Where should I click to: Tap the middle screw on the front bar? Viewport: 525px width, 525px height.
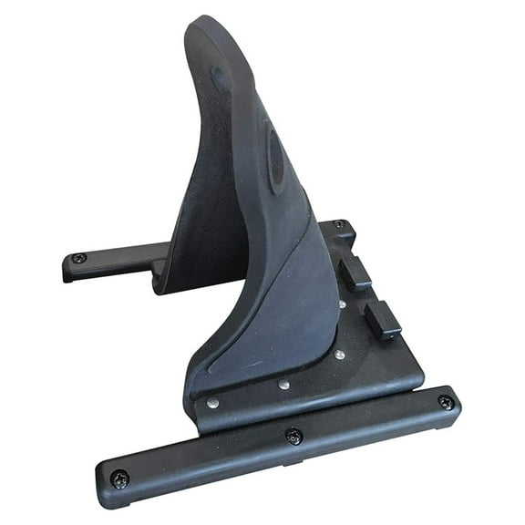(x=293, y=437)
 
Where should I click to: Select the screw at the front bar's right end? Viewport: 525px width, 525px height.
(x=445, y=402)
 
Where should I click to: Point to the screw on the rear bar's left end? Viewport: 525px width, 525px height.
(x=80, y=259)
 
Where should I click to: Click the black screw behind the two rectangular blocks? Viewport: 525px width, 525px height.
(x=338, y=224)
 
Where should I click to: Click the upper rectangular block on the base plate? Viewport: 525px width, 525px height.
(x=356, y=273)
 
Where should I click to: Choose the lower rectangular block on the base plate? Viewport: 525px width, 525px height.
(x=383, y=320)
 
